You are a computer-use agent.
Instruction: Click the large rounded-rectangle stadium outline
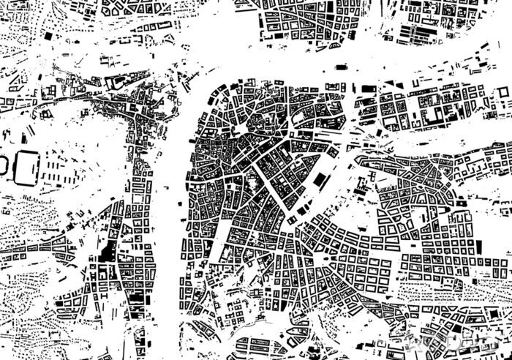click(x=27, y=167)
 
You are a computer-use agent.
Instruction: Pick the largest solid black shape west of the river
click(x=108, y=252)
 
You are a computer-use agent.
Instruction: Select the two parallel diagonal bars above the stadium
click(x=29, y=135)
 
